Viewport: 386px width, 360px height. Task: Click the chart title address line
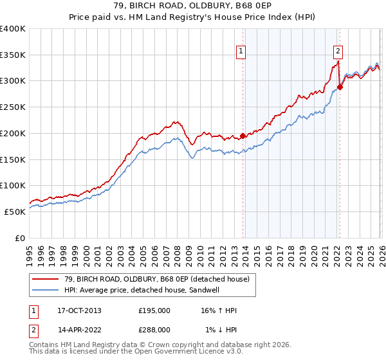pos(193,7)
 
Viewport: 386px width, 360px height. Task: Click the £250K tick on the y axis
pos(13,107)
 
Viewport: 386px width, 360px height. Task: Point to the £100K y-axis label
pos(13,185)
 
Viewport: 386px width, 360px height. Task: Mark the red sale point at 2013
pos(243,136)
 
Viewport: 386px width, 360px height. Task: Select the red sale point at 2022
pos(340,87)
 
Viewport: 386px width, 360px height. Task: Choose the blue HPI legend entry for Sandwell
pos(142,290)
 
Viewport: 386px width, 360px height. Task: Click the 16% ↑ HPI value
pos(219,310)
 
